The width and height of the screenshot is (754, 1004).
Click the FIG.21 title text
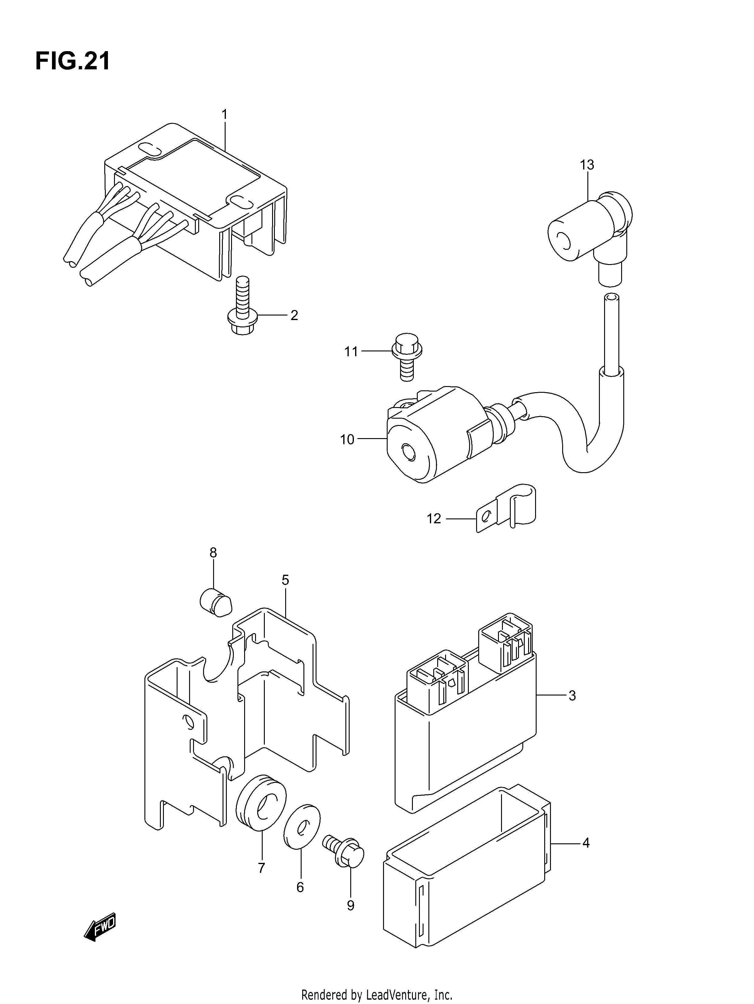[x=73, y=61]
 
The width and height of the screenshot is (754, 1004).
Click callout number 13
[x=587, y=165]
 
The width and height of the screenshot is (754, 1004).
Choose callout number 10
[x=347, y=439]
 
